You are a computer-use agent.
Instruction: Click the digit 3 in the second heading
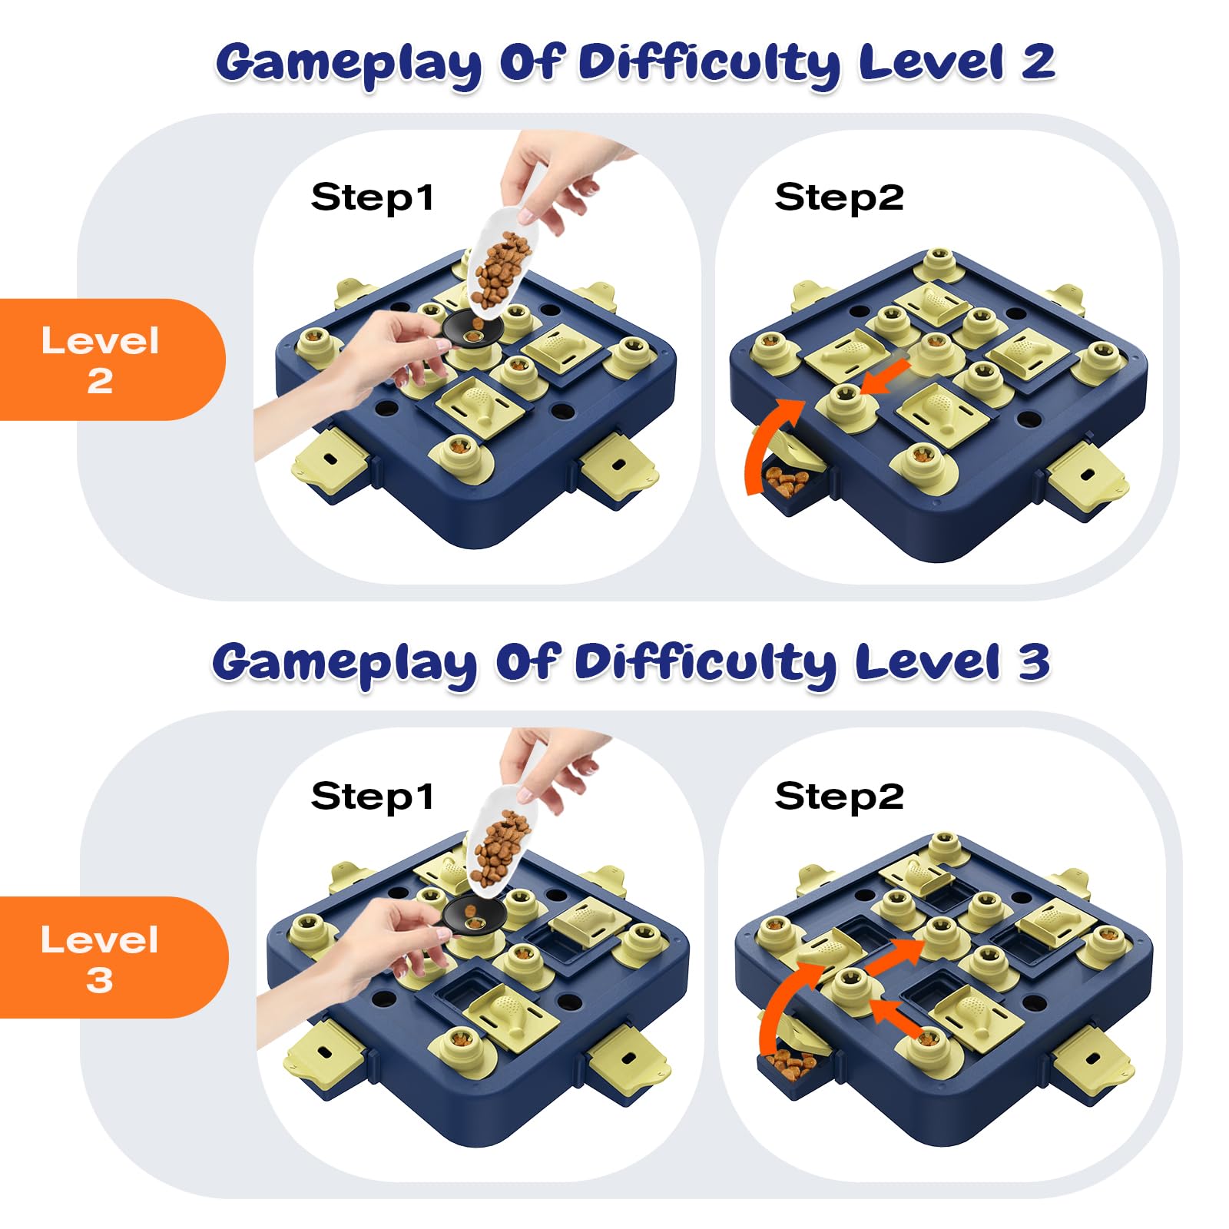tap(1034, 661)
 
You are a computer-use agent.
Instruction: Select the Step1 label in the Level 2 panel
tap(372, 197)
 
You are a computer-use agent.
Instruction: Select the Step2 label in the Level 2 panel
tap(839, 197)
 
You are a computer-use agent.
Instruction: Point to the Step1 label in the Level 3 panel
tap(372, 797)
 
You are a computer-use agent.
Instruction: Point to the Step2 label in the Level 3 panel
tap(839, 797)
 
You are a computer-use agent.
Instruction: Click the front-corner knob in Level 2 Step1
tap(461, 453)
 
